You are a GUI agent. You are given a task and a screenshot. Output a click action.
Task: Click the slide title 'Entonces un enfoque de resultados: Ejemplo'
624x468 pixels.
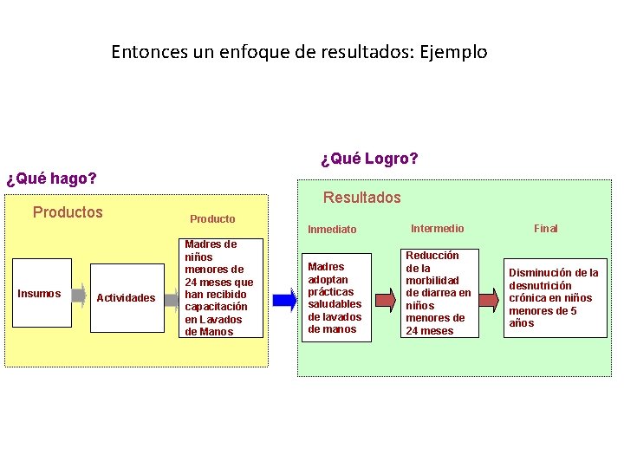coord(299,52)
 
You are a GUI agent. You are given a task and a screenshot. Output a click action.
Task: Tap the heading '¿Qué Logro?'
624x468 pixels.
coord(369,159)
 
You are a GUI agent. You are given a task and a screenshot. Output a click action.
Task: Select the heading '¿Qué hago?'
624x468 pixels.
coord(51,179)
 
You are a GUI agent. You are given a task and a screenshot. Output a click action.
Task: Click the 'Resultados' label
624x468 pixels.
coord(362,198)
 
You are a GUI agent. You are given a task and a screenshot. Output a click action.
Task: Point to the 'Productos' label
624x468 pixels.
coord(68,212)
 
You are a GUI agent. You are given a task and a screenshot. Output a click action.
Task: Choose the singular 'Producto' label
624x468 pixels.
coord(212,218)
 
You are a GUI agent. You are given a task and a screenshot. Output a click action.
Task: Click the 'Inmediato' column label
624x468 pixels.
coord(332,230)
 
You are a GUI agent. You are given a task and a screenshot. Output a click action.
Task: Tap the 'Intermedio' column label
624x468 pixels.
coord(437,229)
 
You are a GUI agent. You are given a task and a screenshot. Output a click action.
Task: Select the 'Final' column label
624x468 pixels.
coord(546,229)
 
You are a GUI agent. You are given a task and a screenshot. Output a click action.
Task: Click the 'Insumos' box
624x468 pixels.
coord(40,294)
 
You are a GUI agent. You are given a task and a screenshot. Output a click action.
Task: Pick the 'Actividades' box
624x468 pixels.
coord(127,298)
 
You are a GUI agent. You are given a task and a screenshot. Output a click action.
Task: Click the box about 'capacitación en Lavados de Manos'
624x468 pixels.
coord(219,288)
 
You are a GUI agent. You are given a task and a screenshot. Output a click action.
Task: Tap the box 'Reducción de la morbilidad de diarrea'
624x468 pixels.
coord(439,293)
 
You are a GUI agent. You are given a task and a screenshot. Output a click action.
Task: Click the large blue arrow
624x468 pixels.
coord(284,300)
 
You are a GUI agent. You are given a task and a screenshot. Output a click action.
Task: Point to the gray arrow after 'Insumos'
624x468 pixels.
coord(78,295)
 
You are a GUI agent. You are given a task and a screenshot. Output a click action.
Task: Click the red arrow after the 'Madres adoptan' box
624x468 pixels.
coord(386,300)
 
